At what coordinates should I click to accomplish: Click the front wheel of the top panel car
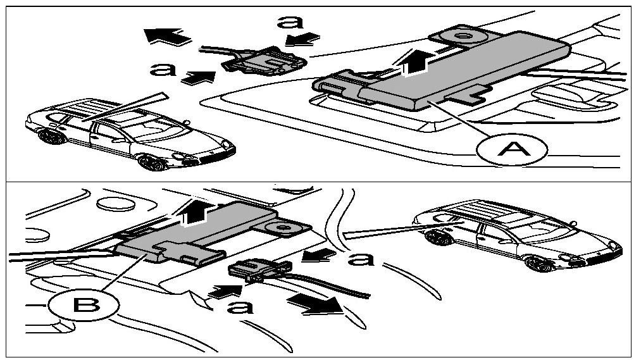[x=151, y=163]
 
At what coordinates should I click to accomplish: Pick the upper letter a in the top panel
[x=290, y=22]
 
